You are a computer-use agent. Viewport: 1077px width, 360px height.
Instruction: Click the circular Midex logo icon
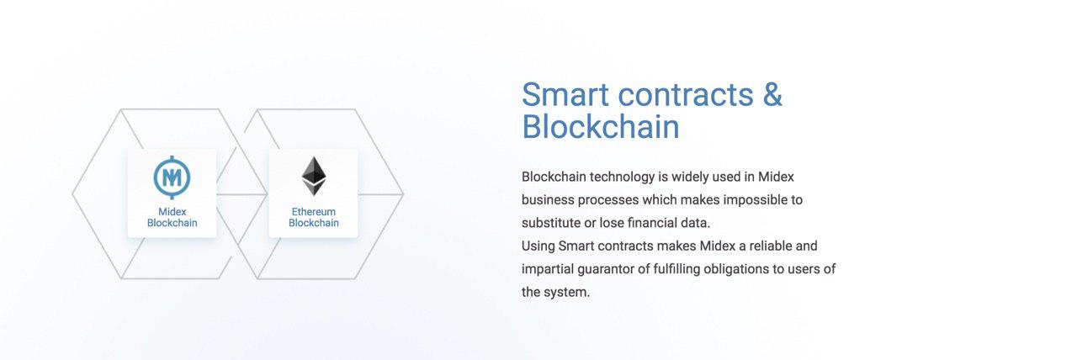[x=172, y=177]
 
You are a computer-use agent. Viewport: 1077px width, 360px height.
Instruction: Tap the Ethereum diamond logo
[x=314, y=177]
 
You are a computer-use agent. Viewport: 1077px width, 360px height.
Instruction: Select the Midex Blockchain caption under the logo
[x=172, y=217]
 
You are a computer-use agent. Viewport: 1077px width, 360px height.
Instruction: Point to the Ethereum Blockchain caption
[x=314, y=217]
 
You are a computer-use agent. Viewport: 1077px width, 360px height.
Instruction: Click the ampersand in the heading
[x=772, y=94]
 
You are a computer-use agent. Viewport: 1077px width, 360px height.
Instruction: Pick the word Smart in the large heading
[x=565, y=94]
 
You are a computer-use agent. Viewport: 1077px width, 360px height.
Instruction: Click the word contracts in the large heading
[x=686, y=94]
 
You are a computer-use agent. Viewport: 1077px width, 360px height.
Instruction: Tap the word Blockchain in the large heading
[x=601, y=127]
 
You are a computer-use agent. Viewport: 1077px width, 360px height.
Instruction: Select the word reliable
[x=770, y=246]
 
